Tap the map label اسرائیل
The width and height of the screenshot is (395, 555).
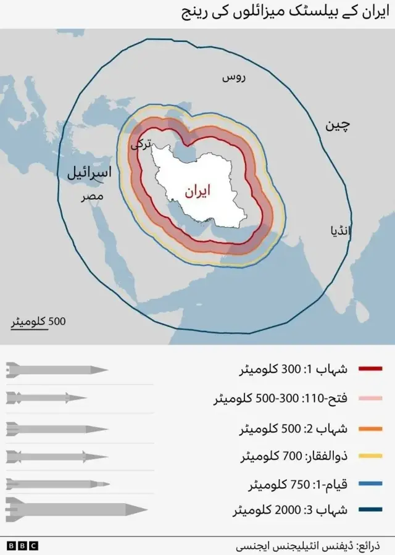click(89, 173)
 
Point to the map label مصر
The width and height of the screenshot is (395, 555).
click(91, 198)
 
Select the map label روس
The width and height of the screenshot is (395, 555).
click(234, 78)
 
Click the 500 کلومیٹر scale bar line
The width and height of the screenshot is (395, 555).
click(28, 329)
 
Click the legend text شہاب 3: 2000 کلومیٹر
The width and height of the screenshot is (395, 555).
click(290, 511)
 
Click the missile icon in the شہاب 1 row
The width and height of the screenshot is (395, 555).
click(57, 370)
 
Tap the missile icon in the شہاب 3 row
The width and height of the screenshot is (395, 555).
click(76, 510)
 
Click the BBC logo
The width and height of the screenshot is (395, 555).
click(23, 546)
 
